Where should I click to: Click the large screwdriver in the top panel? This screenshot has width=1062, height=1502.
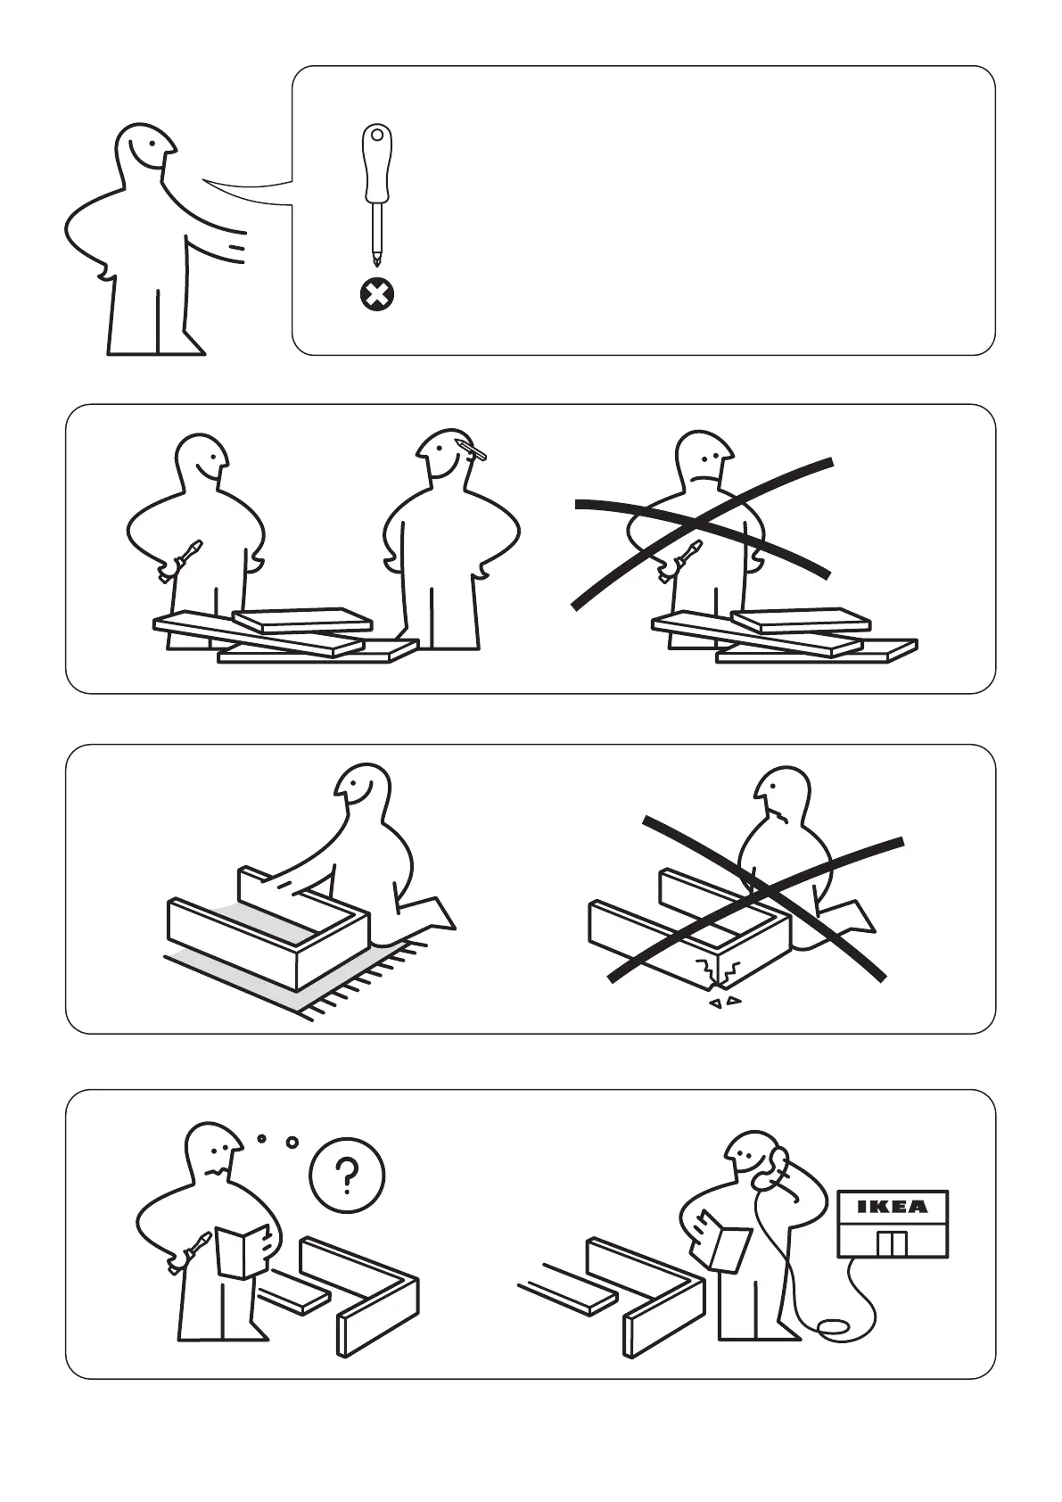pyautogui.click(x=377, y=194)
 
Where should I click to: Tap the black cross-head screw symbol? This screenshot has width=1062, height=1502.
pyautogui.click(x=377, y=294)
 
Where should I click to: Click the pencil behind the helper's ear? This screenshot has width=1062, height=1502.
pyautogui.click(x=473, y=450)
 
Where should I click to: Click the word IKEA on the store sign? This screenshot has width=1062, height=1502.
pyautogui.click(x=893, y=1207)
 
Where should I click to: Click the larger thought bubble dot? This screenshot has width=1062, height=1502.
pyautogui.click(x=292, y=1142)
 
